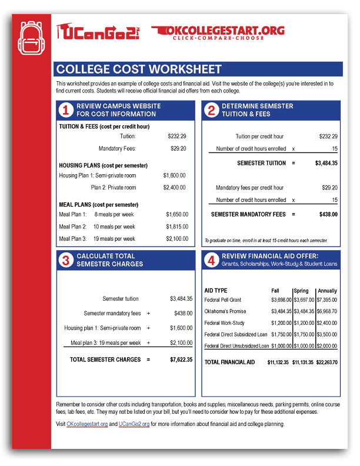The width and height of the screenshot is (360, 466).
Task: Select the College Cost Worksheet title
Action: click(138, 69)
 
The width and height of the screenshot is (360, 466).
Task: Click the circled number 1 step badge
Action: click(66, 110)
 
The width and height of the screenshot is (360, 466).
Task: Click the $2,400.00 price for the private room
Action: click(174, 188)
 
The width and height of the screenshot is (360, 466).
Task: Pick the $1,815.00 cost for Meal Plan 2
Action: click(176, 227)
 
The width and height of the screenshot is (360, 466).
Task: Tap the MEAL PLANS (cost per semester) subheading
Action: click(99, 205)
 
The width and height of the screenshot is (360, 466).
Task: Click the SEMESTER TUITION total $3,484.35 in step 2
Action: click(326, 163)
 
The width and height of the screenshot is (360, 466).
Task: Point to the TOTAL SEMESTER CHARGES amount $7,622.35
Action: click(181, 360)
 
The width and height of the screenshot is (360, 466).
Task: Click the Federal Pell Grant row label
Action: click(222, 300)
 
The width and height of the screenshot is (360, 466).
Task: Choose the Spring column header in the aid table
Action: click(301, 291)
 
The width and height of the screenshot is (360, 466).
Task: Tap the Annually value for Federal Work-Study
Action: click(326, 323)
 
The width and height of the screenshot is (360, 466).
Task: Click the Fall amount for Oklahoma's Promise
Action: click(280, 311)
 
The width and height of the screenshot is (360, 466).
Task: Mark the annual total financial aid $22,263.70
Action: click(326, 362)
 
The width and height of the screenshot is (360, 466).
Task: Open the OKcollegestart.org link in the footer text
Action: click(87, 424)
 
